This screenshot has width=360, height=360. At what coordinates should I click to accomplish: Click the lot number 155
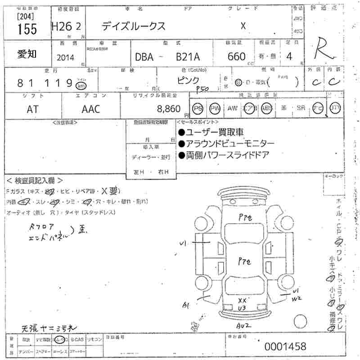click(27, 29)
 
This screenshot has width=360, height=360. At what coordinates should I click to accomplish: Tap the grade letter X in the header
click(243, 26)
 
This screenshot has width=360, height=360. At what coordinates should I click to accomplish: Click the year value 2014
click(66, 57)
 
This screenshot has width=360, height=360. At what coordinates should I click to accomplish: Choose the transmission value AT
click(33, 108)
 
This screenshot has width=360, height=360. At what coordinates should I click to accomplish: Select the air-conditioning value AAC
click(90, 108)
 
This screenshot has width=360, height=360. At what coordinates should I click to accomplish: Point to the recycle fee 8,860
click(168, 108)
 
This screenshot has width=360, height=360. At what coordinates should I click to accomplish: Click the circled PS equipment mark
click(197, 108)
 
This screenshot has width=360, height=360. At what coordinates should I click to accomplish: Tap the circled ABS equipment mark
click(267, 108)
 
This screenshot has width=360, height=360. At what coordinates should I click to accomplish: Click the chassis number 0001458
click(285, 346)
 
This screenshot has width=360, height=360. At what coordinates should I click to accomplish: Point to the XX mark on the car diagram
click(242, 300)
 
